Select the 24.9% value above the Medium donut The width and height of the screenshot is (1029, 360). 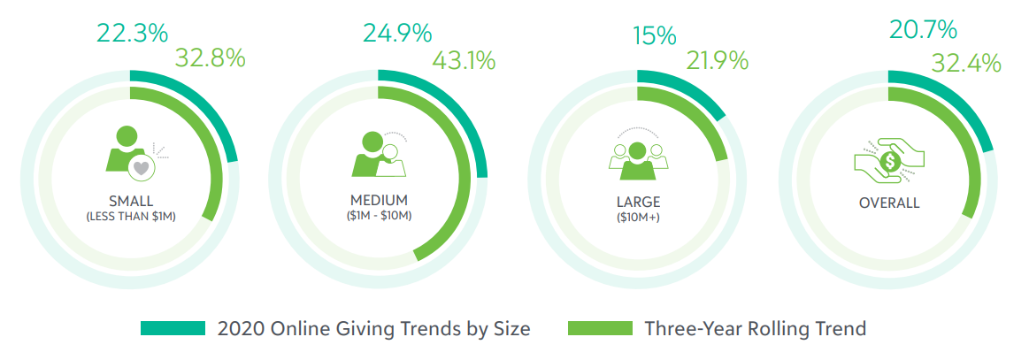[x=397, y=34]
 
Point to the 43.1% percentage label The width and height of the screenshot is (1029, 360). [x=463, y=61]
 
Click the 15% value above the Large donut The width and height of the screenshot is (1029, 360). [x=655, y=36]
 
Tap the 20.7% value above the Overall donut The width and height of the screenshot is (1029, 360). [x=923, y=31]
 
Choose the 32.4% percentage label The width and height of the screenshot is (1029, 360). [x=966, y=63]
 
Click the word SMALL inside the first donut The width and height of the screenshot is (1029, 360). [x=131, y=201]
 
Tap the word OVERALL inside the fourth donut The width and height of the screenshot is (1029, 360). [x=889, y=203]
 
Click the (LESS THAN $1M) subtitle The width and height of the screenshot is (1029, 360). [x=131, y=217]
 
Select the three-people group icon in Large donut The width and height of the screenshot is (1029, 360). [x=635, y=153]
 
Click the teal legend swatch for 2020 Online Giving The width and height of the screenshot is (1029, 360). [x=173, y=328]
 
